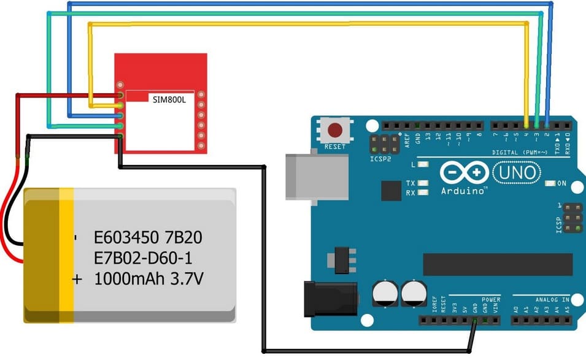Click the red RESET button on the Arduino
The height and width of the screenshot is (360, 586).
335,131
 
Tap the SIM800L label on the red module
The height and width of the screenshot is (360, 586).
169,98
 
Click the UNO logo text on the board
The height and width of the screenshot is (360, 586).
516,172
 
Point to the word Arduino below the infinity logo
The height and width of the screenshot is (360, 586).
464,191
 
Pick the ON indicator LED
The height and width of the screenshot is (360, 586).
560,183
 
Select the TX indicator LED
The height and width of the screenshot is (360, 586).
422,183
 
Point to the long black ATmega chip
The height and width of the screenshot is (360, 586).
498,264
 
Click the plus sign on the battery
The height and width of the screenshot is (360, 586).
77,280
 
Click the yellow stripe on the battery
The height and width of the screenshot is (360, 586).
66,255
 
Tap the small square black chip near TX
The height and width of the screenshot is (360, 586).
391,191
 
